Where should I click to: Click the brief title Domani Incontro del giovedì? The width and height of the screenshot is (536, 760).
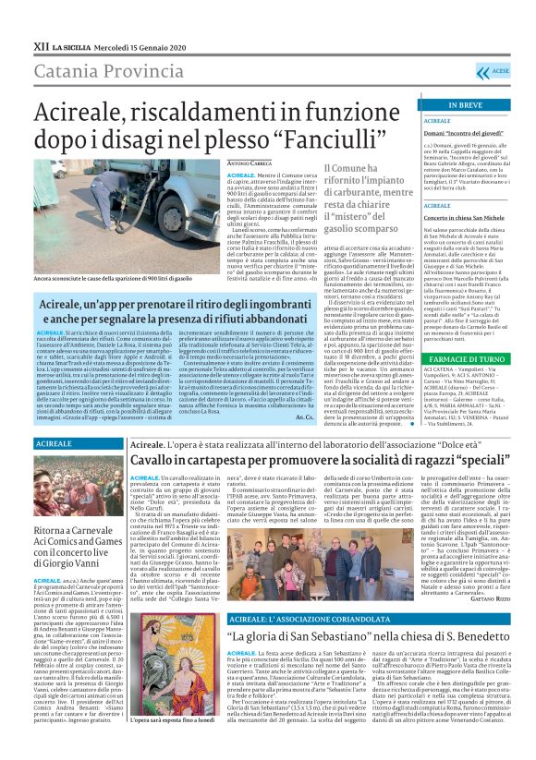point(462,133)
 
